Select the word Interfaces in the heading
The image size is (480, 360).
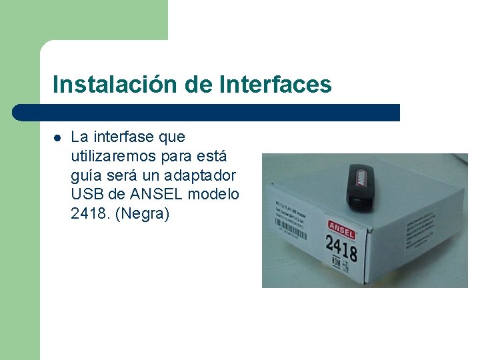(x=275, y=85)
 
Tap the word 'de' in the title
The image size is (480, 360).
(x=195, y=85)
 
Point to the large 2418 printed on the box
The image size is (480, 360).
(x=341, y=247)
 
